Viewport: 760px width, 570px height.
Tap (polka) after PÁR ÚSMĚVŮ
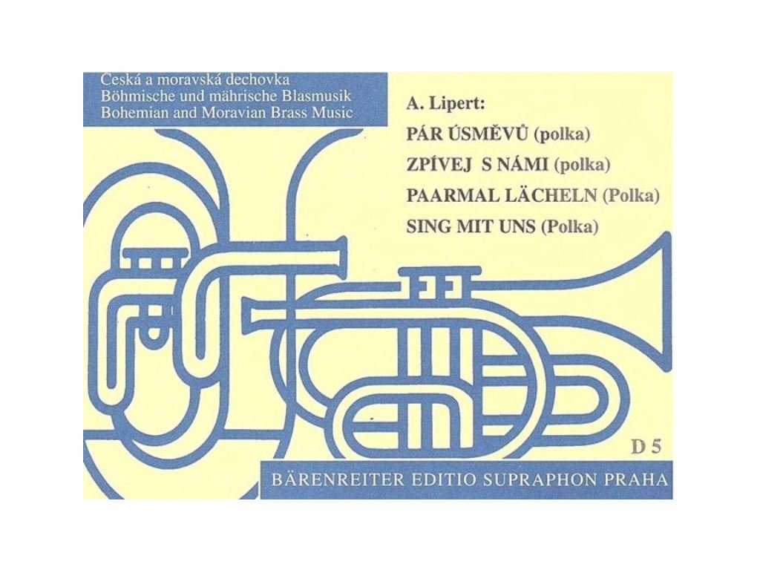567,134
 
